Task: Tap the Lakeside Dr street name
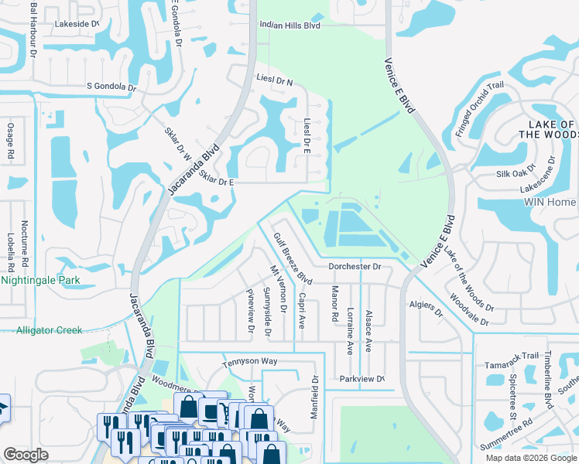77,24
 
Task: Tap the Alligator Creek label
50,330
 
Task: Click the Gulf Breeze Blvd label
293,259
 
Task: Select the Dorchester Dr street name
355,266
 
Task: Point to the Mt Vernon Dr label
278,289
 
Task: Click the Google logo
26,455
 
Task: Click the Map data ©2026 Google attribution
530,458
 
